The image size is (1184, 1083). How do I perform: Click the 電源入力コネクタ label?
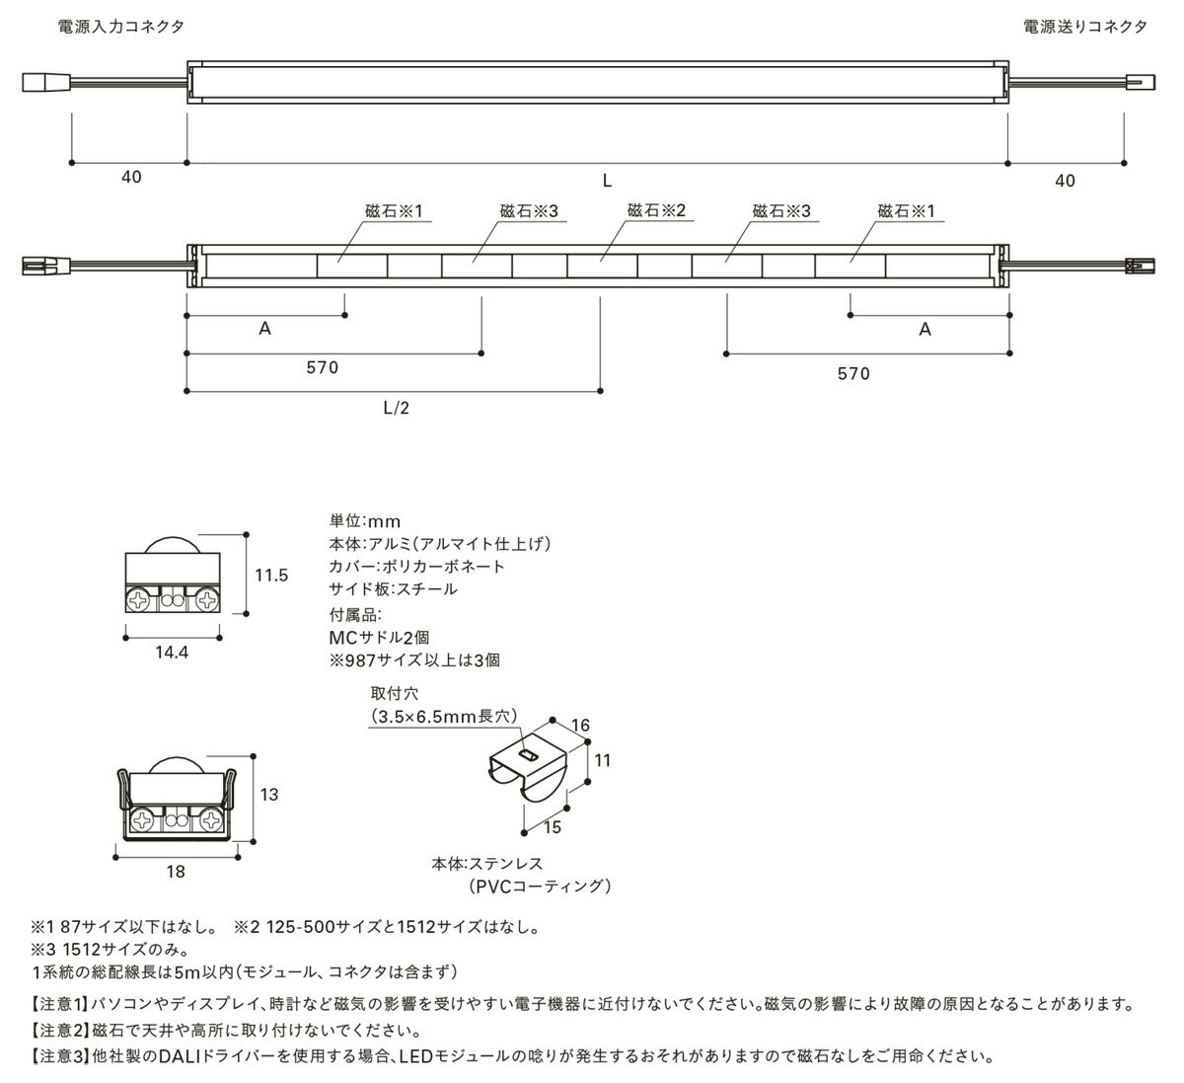click(121, 27)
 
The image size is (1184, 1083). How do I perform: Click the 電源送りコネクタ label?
click(1085, 27)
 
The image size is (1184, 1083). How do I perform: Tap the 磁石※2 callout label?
click(656, 210)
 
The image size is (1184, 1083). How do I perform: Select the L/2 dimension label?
click(396, 408)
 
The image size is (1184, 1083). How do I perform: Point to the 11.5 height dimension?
click(271, 575)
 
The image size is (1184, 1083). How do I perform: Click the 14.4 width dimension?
click(172, 653)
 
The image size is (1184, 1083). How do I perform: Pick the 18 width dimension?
click(176, 872)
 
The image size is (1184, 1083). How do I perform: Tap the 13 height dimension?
click(269, 794)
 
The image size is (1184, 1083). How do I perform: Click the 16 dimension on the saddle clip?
click(580, 725)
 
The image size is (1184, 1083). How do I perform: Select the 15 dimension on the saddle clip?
click(552, 827)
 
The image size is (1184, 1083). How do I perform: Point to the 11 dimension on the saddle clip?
click(602, 760)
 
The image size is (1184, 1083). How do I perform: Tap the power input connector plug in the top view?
click(46, 82)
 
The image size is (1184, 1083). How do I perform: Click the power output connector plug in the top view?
click(1141, 82)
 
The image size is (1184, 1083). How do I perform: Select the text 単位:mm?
click(365, 521)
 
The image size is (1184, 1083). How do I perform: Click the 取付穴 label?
click(395, 693)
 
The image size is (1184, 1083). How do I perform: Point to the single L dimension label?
click(607, 181)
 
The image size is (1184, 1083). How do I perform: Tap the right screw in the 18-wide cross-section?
click(211, 820)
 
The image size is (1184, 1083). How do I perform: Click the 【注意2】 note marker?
click(58, 1031)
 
